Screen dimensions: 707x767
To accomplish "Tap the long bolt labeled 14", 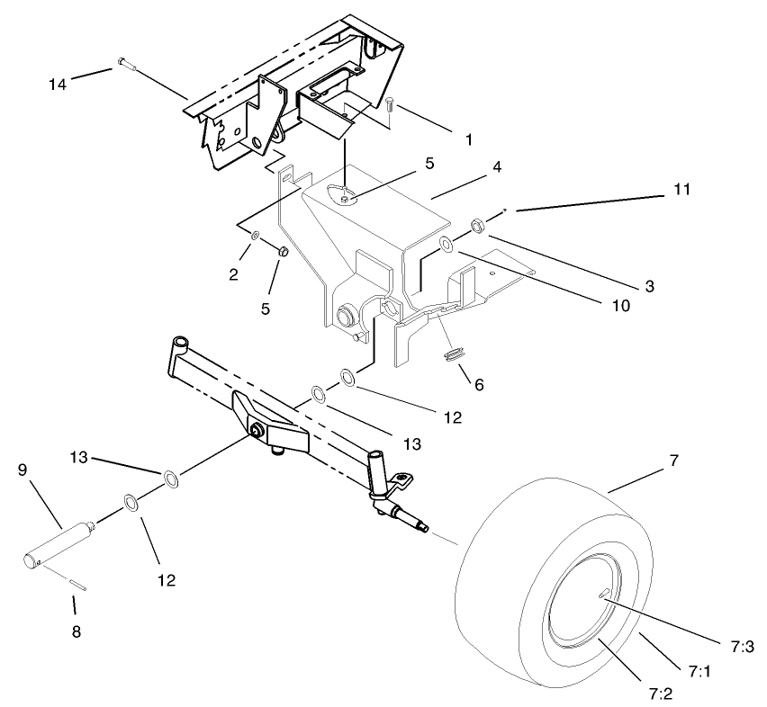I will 124,63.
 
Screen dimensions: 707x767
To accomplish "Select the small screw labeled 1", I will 389,105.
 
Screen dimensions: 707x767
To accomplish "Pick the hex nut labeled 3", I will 479,225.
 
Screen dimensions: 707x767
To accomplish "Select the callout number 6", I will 478,383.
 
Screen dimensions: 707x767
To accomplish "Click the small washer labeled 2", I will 255,236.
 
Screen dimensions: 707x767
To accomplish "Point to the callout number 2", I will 233,274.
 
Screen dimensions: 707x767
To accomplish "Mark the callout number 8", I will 76,631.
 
